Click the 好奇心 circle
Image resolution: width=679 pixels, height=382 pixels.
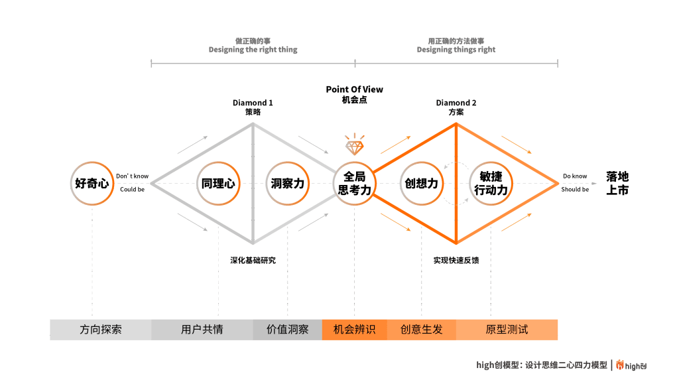coord(92,183)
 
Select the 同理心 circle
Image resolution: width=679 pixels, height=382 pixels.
coord(218,183)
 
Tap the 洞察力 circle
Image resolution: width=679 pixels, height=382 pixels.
coord(288,183)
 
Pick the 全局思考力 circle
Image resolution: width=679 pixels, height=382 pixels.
coord(354,183)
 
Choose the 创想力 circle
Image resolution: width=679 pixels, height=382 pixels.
coord(422,183)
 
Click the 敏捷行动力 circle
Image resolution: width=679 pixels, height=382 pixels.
coord(491,183)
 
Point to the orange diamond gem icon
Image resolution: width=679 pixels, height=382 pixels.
coord(354,143)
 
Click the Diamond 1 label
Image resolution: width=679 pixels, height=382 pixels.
coord(253,103)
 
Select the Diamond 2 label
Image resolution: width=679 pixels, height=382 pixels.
coord(456,103)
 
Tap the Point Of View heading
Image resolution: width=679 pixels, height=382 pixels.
coord(354,90)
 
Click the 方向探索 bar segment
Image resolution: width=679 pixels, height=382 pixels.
coord(101,330)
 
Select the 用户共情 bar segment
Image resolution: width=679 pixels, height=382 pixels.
coord(202,330)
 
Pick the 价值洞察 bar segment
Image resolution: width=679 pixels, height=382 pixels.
coord(288,330)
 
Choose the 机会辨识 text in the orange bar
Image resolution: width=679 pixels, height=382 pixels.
coord(355,330)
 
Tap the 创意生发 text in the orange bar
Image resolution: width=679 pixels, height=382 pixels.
coord(422,330)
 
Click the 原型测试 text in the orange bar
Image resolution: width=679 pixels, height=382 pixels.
coord(507,330)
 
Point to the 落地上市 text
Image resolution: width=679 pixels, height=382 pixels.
coord(617,183)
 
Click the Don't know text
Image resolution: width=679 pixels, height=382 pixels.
coord(133,176)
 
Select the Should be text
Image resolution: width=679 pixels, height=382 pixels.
coord(575,190)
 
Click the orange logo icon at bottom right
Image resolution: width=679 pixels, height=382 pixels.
coord(620,365)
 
